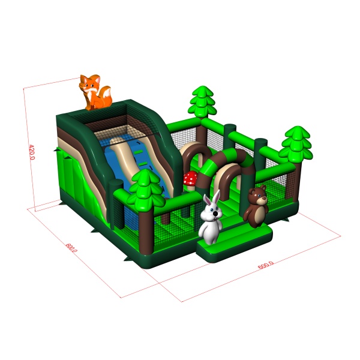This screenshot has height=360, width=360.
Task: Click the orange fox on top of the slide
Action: point(95,92)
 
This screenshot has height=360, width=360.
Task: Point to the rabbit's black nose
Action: point(215,214)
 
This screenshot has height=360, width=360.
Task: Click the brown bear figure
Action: point(256,206)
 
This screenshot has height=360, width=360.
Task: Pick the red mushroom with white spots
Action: point(190,178)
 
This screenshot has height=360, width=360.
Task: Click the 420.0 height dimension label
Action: point(32,152)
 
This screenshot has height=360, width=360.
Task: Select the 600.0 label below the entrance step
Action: point(266,265)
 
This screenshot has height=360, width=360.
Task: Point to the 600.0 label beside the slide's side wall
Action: point(71,247)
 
